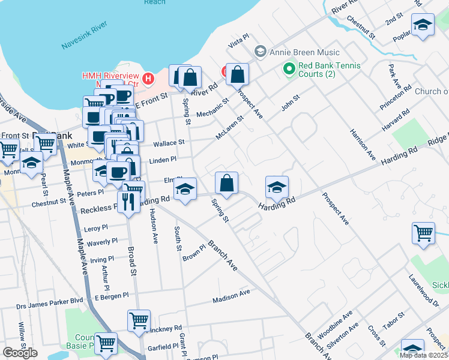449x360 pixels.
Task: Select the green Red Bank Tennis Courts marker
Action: [289, 70]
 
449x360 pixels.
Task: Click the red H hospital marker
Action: [148, 77]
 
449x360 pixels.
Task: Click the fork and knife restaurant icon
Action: [127, 201]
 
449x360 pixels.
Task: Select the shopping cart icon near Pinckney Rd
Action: [139, 320]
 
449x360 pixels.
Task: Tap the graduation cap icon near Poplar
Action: [423, 25]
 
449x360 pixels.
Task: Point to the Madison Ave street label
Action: [231, 297]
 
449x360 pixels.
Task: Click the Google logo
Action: [20, 353]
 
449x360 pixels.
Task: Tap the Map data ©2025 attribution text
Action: [423, 355]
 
